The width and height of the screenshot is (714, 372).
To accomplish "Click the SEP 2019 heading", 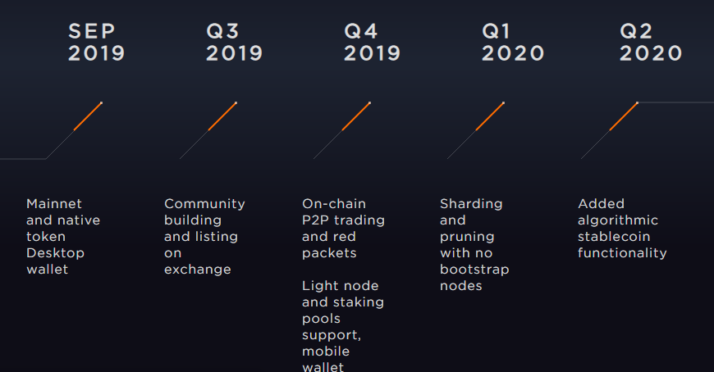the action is [96, 43].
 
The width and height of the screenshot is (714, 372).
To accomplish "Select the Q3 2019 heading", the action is [234, 43].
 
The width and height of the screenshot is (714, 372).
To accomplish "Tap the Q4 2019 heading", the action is [372, 43].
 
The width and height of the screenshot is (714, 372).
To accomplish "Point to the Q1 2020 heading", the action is [513, 43].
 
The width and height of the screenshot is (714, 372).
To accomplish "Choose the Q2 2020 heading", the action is [651, 43].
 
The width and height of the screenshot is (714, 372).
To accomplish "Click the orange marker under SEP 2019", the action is [88, 116].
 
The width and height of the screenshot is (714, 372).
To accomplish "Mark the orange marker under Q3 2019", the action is [222, 116].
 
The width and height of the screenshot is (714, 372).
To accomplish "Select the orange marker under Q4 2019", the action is [356, 116].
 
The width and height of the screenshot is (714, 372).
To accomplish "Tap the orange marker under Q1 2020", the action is [490, 116].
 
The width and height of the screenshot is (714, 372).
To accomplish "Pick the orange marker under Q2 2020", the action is [624, 116].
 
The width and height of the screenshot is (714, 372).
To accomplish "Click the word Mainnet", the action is [54, 204].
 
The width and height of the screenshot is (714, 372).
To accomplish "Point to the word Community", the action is [204, 204].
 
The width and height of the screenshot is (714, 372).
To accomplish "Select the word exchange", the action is [198, 270].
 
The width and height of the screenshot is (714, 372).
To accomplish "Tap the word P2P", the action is [314, 220].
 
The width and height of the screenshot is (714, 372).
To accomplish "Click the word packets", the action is [329, 253].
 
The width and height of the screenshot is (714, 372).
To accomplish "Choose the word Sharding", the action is [471, 204].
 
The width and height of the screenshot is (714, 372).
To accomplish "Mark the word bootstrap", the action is [474, 270].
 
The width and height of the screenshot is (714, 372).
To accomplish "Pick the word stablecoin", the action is [614, 237].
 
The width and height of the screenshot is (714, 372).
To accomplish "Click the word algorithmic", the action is [618, 220].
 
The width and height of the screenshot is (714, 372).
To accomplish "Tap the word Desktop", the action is [56, 253].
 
